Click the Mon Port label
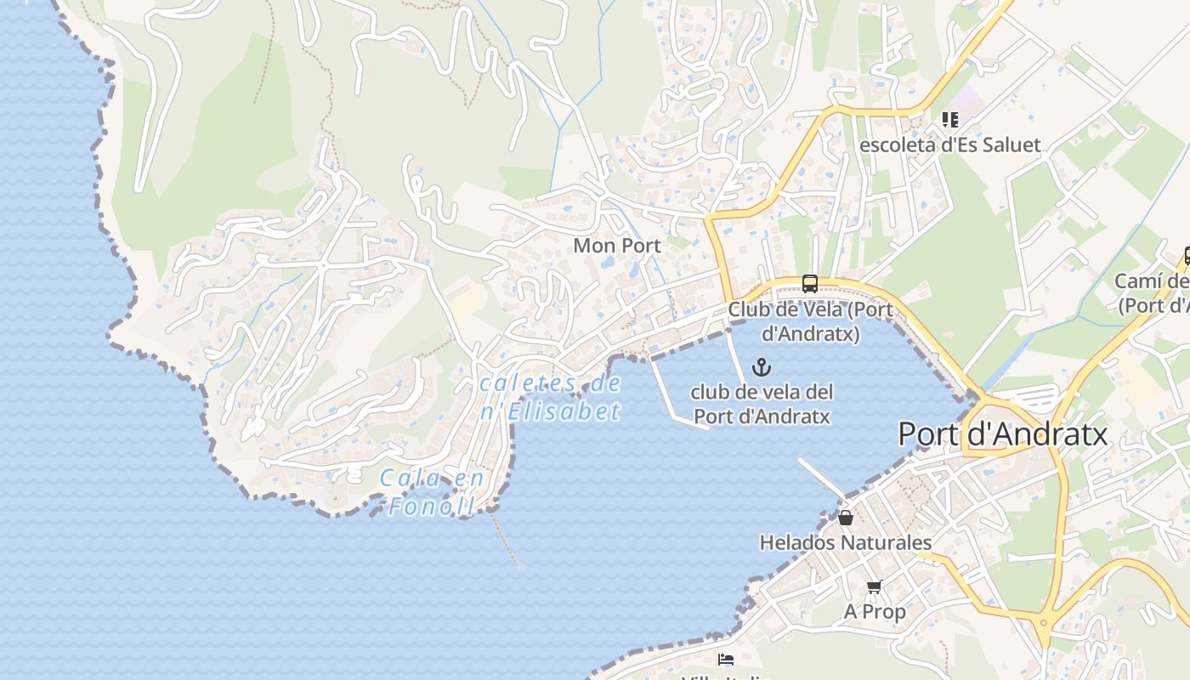pos(616,246)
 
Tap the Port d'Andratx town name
pos(1003,434)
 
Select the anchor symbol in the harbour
pos(762,368)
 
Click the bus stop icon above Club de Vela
pos(809,284)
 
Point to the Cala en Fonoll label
pos(432,492)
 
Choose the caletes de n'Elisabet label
pos(550,397)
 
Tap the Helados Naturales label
pos(845,542)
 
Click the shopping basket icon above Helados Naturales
pos(846,518)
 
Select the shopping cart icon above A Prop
pos(874,586)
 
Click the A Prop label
pos(875,611)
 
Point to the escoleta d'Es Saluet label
pos(949,144)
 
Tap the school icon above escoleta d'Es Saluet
pos(949,120)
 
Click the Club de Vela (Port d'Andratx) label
pos(810,321)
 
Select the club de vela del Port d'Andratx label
pos(762,404)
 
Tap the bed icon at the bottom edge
pos(725,660)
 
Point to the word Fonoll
pos(432,507)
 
